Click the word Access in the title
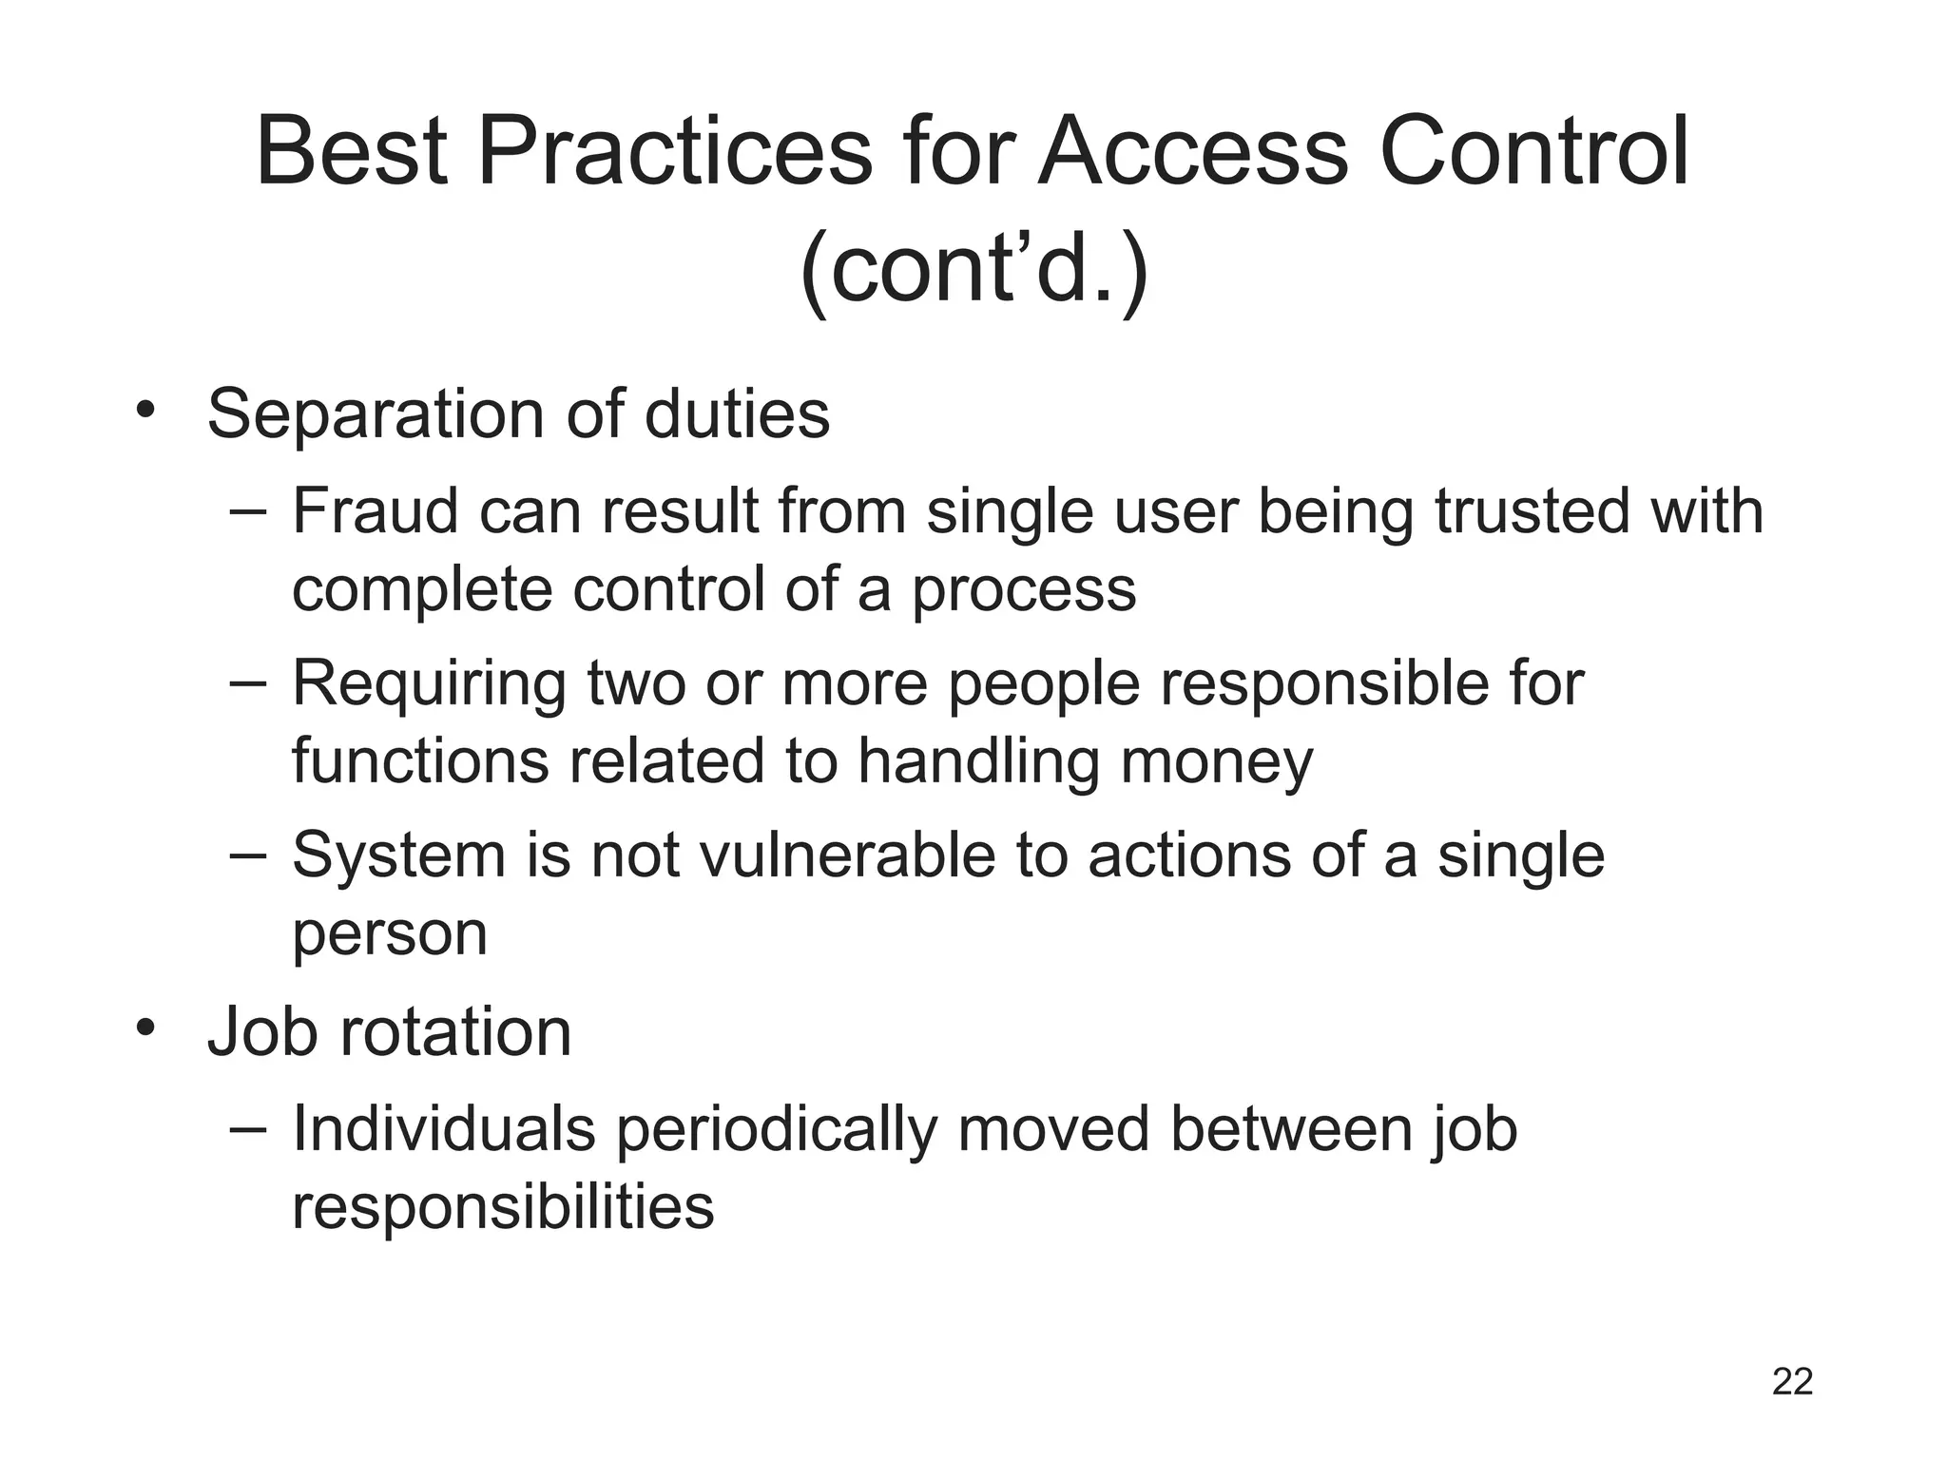(x=1192, y=152)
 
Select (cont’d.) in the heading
(x=973, y=270)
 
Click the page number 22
(x=1792, y=1382)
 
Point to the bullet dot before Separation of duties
(x=145, y=411)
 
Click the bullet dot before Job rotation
(x=145, y=1028)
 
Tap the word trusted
(x=1532, y=510)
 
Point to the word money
(x=1217, y=761)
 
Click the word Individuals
(x=443, y=1128)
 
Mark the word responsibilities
(x=503, y=1207)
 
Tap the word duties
(x=737, y=414)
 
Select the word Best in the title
(x=352, y=152)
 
